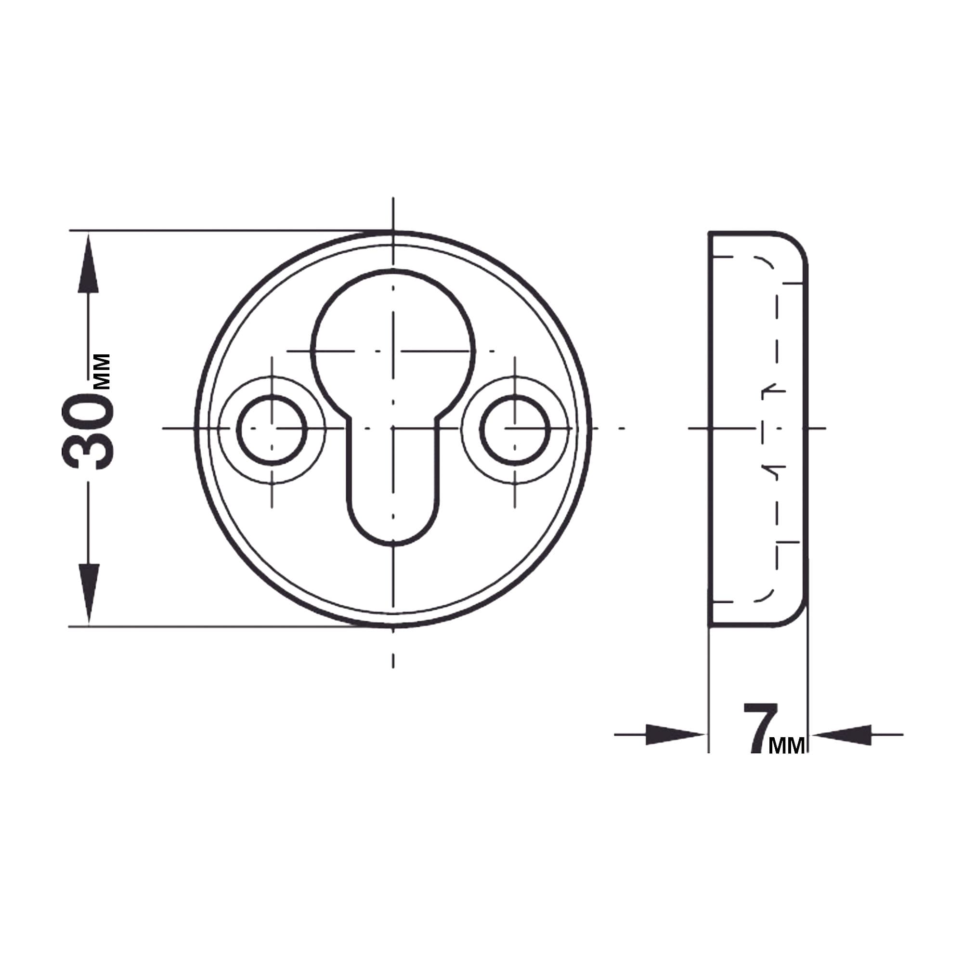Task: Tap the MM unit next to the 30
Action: coord(102,371)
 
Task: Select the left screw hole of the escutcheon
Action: coord(272,429)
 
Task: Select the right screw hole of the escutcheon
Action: coord(515,429)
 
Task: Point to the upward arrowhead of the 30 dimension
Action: coord(89,264)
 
